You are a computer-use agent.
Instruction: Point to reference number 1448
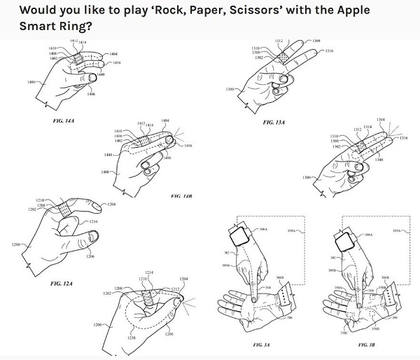[x=108, y=155]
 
